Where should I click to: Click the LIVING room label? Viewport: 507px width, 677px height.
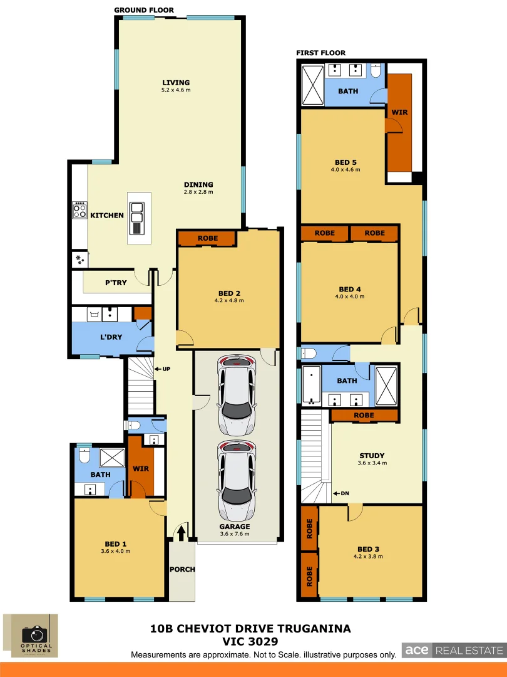[176, 83]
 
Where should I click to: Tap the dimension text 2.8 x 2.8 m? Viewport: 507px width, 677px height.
[198, 192]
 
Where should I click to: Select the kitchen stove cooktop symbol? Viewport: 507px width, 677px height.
[79, 210]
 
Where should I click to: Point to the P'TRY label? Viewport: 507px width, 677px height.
[116, 283]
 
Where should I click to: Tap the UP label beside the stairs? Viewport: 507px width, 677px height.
[166, 369]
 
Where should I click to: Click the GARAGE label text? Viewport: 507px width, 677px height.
[235, 527]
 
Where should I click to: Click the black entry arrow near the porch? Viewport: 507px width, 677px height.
[182, 532]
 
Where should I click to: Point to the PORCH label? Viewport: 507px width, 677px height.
[182, 569]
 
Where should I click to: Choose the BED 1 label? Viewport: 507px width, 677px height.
[116, 543]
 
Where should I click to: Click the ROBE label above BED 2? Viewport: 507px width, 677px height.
[207, 238]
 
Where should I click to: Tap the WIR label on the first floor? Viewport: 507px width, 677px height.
[399, 113]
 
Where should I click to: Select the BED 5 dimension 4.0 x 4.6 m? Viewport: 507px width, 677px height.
[346, 169]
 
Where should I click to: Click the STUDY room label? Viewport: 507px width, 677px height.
[372, 456]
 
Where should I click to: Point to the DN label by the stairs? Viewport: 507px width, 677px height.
[344, 493]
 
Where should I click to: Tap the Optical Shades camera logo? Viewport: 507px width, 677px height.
[31, 636]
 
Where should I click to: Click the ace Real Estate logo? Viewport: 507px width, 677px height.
[453, 650]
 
